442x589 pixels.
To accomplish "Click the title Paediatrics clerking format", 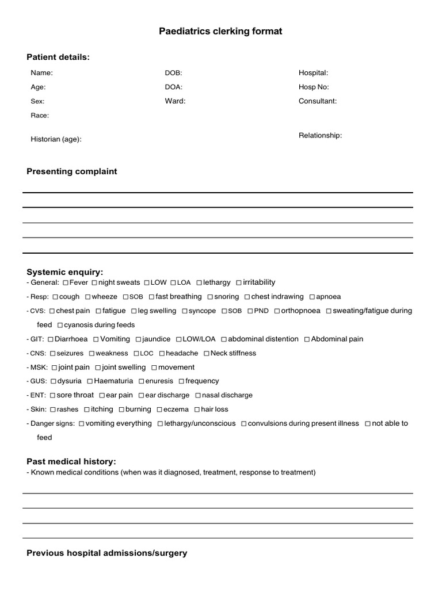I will tap(220, 31).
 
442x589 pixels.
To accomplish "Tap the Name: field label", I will tap(41, 73).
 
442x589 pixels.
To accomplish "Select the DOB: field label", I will tap(173, 73).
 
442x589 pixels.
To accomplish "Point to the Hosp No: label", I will tap(314, 87).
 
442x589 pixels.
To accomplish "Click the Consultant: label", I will tap(317, 101).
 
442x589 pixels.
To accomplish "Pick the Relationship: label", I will tap(320, 136).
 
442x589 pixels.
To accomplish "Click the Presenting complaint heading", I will tap(72, 171).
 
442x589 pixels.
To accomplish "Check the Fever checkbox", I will tap(66, 283).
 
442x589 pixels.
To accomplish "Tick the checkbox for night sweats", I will tap(94, 283).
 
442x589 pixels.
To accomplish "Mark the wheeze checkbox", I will tap(88, 297).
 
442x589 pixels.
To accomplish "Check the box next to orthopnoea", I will tap(277, 311).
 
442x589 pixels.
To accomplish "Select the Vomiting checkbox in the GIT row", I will tap(96, 339).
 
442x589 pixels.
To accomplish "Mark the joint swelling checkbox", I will tap(98, 368).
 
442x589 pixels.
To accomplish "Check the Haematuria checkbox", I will tap(89, 381).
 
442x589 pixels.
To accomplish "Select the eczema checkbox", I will tap(159, 410).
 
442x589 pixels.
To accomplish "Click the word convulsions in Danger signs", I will tap(268, 423).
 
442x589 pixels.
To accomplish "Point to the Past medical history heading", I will tap(71, 462).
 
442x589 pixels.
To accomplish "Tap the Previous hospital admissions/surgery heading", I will tap(107, 553).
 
